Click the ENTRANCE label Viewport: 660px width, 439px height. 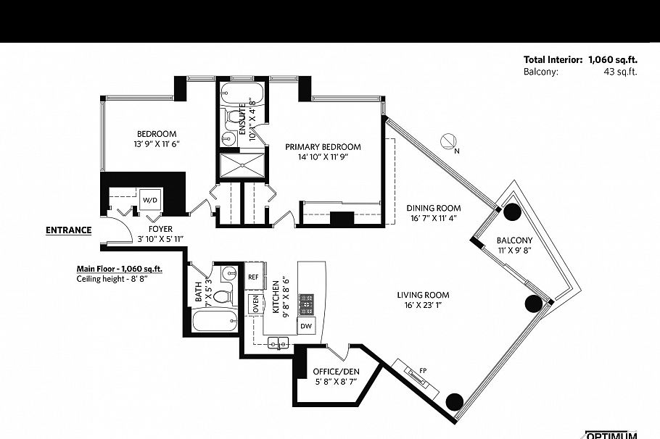[69, 231]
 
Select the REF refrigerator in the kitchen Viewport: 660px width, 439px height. [253, 277]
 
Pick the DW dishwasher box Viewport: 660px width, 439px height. [308, 325]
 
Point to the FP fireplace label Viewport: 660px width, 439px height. [424, 371]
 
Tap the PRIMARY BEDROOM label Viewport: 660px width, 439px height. [323, 147]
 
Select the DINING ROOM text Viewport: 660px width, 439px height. [434, 209]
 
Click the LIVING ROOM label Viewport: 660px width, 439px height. [423, 295]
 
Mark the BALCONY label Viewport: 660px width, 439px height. [514, 241]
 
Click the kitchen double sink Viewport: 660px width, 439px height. [278, 342]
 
